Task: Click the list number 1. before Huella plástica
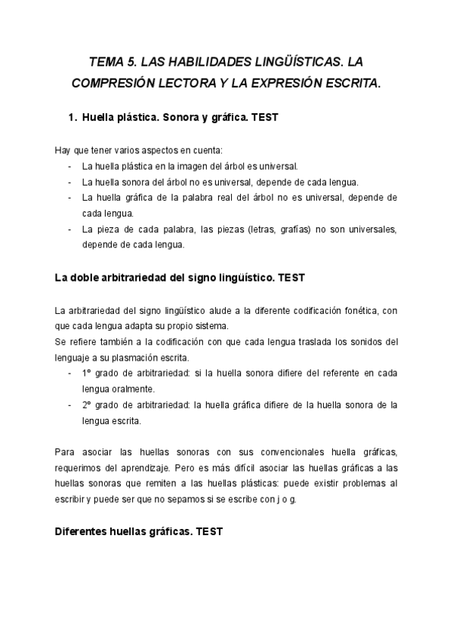[72, 118]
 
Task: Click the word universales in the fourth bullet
[369, 228]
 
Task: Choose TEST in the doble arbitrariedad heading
[291, 277]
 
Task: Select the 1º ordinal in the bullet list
[87, 373]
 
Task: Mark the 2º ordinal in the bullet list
[87, 405]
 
